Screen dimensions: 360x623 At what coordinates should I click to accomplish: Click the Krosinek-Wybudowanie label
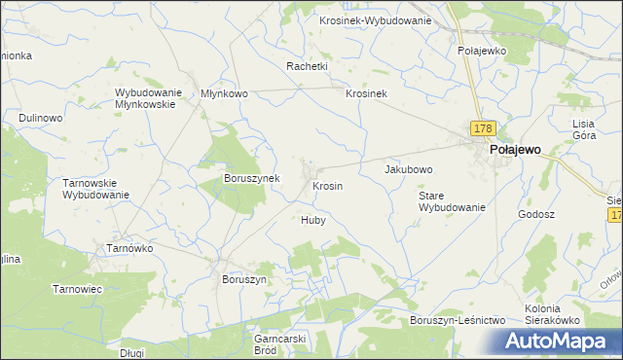(376, 20)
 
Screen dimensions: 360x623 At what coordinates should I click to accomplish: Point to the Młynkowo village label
(224, 93)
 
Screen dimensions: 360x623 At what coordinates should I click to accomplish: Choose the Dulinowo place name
(40, 118)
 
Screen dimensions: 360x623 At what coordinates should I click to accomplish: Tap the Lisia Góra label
(583, 129)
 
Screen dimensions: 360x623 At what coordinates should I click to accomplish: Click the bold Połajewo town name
(515, 150)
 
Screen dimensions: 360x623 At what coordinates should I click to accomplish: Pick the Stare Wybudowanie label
(452, 201)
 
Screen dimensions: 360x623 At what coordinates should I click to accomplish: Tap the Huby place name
(312, 220)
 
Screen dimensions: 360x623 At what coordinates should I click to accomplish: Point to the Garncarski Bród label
(274, 344)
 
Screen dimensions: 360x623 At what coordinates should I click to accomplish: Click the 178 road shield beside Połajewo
(482, 127)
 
